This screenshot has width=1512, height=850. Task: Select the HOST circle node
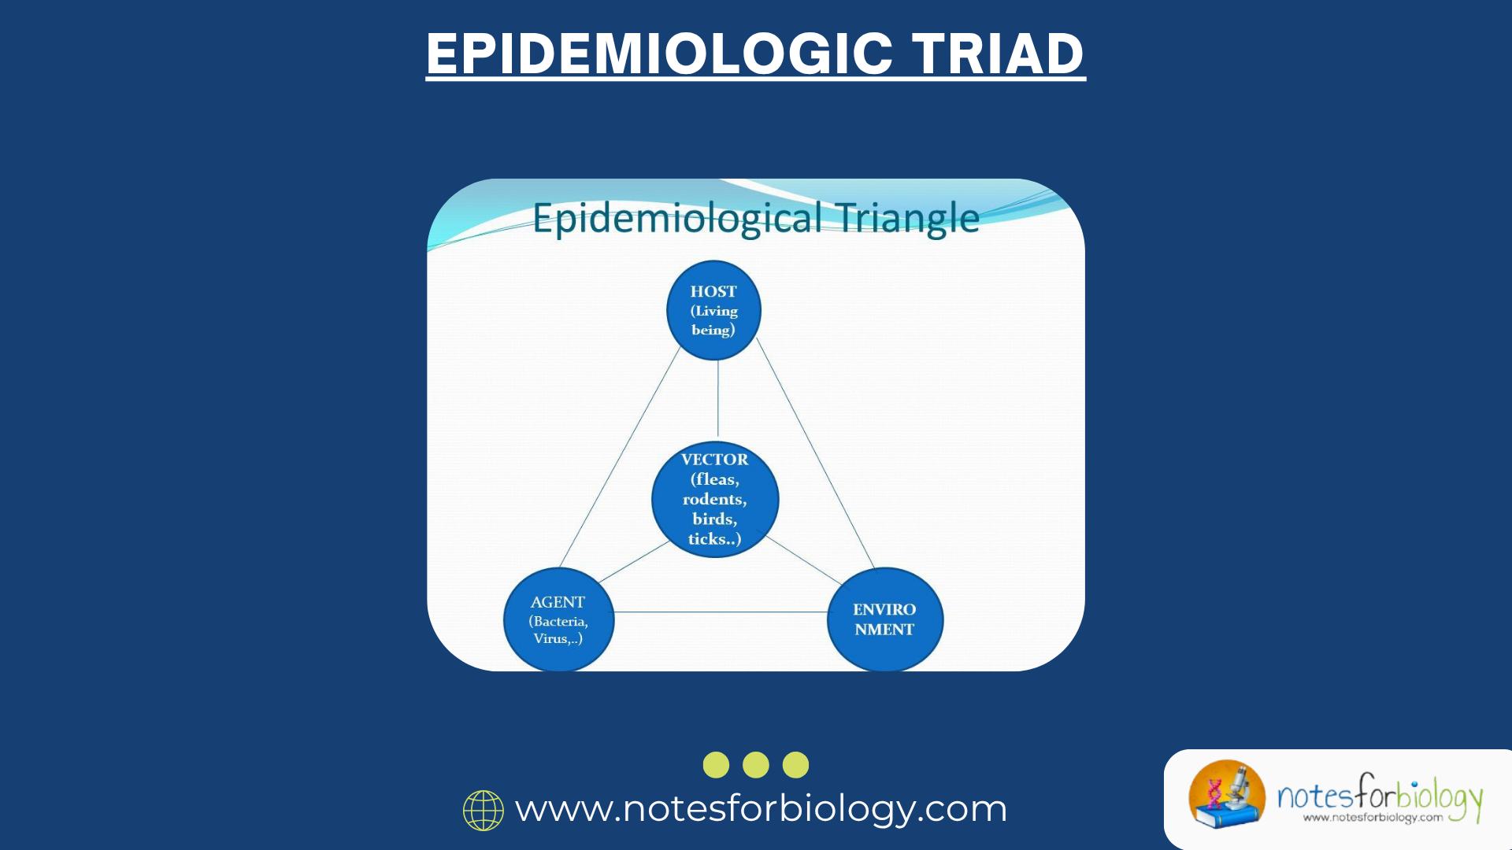(x=713, y=310)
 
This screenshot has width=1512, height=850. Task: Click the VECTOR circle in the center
(x=715, y=499)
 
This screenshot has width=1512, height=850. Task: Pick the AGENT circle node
(x=558, y=619)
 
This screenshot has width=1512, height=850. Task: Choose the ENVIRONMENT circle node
(x=884, y=619)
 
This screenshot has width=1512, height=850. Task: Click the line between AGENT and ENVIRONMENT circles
(x=721, y=612)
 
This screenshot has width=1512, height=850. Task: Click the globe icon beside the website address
(x=483, y=810)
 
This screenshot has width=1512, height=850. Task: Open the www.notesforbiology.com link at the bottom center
(x=761, y=809)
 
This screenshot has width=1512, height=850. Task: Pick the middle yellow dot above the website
(x=756, y=765)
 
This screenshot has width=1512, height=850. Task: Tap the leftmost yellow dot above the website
(x=716, y=765)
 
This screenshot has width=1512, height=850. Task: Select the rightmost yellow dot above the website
(x=796, y=765)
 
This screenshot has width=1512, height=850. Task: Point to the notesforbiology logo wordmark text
(x=1380, y=797)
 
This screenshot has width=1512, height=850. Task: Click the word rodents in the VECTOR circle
(x=714, y=499)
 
